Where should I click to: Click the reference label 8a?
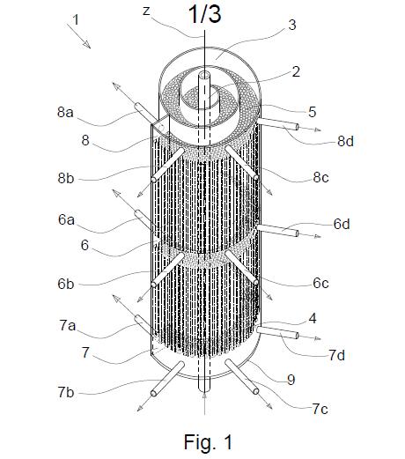point(65,112)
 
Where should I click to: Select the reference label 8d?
point(345,142)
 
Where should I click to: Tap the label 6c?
point(320,283)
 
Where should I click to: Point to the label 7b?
point(66,392)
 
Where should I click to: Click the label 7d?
point(337,355)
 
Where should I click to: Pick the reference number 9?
point(291,380)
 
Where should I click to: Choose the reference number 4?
point(313,319)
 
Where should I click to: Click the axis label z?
point(146,11)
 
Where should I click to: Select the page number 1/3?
point(204,14)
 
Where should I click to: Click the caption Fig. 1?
point(208,442)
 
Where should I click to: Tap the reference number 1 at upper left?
point(76,19)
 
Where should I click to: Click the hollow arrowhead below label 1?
point(87,44)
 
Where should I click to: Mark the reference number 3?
point(292,25)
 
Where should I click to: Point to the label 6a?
point(66,219)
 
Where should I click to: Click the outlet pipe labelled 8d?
point(277,123)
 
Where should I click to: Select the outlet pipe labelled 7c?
point(242,377)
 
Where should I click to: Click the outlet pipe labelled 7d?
point(277,332)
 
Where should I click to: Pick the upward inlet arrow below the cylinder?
point(204,403)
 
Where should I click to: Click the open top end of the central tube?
point(204,75)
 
